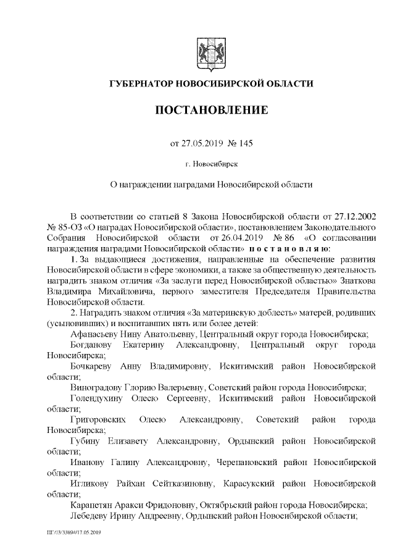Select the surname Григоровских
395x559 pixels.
point(100,421)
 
